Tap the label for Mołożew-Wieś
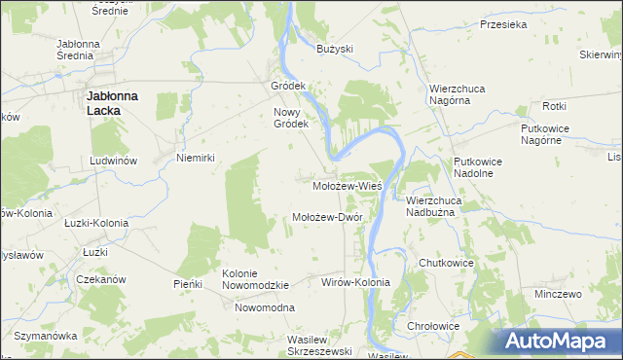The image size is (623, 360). [x=347, y=184]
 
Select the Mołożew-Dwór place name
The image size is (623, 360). [x=328, y=217]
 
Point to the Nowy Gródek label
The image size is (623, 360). [x=290, y=118]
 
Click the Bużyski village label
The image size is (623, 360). [x=335, y=49]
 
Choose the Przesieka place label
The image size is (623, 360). [x=503, y=26]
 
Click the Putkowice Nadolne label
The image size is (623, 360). [x=474, y=167]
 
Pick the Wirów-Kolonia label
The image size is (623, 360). [x=355, y=282]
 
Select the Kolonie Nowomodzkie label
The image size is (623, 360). [x=256, y=279]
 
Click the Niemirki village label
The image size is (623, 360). [x=195, y=157]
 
